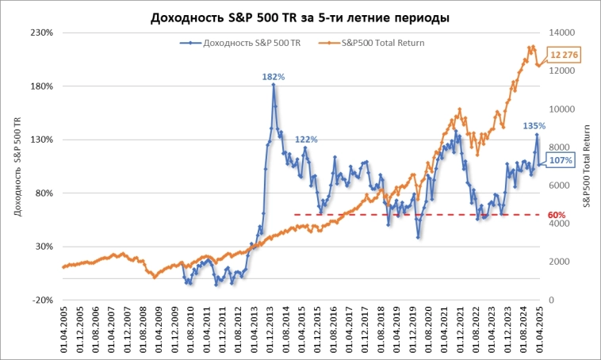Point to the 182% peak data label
pos(274,76)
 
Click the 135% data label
pos(534,125)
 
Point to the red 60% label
pos(556,215)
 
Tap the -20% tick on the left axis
pos(42,300)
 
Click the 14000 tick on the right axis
pos(562,33)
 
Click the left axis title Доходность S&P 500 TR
pos(16,167)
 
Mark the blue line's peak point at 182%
pos(274,84)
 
